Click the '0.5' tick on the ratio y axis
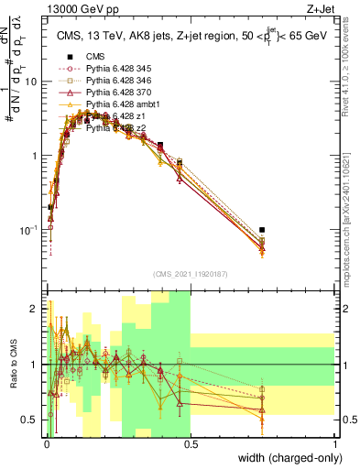[x=29, y=420]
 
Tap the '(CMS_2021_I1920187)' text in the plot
[x=190, y=273]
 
